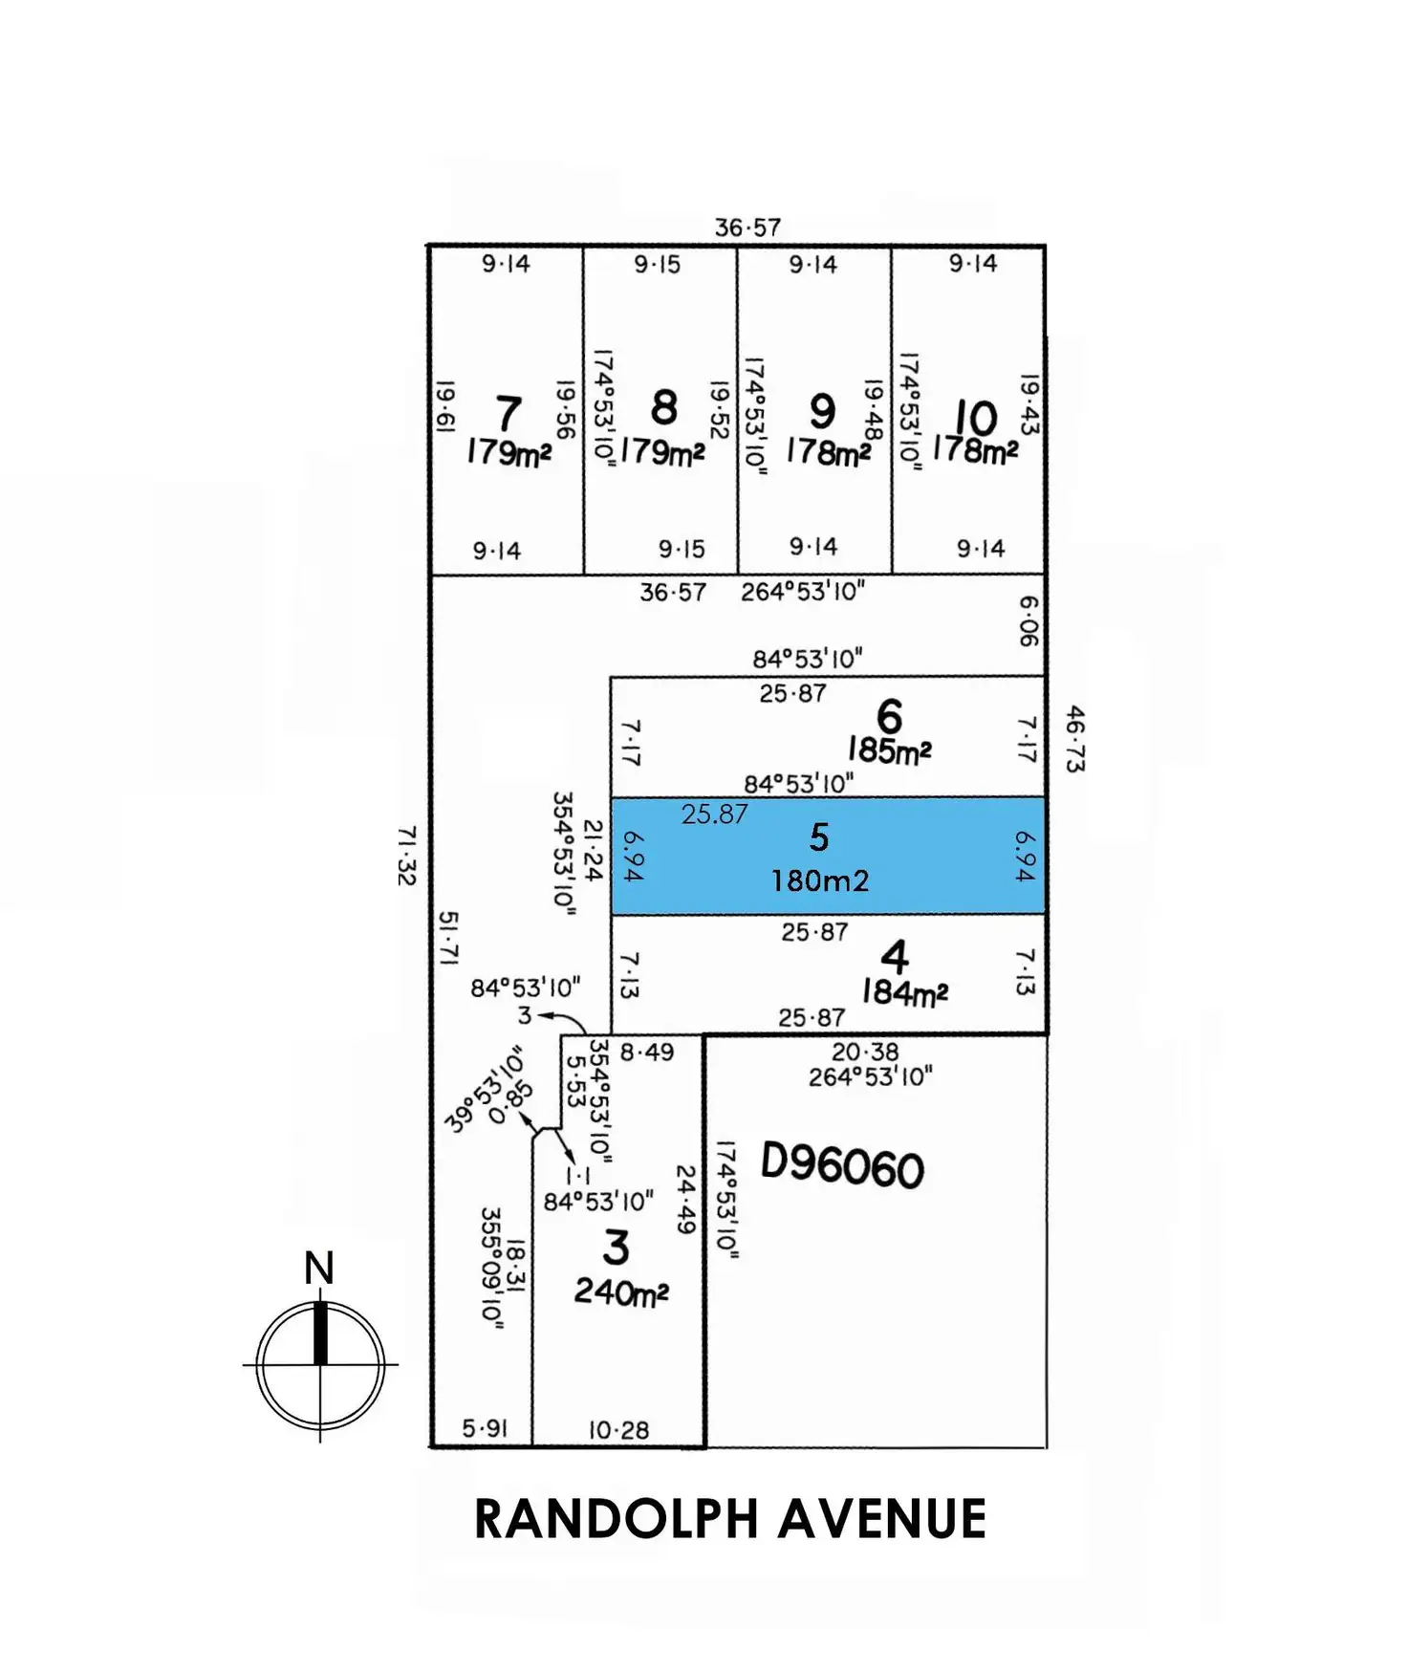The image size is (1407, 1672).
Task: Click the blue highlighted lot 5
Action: [x=827, y=856]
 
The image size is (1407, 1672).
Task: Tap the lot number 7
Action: [x=509, y=413]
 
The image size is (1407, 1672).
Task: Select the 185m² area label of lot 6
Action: [x=889, y=750]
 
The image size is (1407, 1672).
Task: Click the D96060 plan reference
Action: [x=842, y=1166]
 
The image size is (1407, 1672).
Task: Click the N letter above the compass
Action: [x=319, y=1269]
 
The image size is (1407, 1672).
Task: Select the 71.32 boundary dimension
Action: [x=407, y=856]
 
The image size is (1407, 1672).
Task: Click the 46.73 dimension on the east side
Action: [x=1075, y=738]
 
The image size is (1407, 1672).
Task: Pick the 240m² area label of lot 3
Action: [x=621, y=1292]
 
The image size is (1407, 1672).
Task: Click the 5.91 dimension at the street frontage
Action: [x=485, y=1428]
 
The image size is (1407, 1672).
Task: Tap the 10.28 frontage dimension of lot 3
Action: [x=618, y=1430]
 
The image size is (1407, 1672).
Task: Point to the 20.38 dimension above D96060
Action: [x=865, y=1052]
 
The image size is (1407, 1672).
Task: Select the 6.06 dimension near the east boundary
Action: [x=1028, y=620]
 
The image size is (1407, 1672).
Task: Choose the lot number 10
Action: [x=976, y=417]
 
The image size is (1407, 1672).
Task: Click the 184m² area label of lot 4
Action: [x=904, y=993]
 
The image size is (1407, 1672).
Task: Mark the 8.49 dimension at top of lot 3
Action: [x=647, y=1052]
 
